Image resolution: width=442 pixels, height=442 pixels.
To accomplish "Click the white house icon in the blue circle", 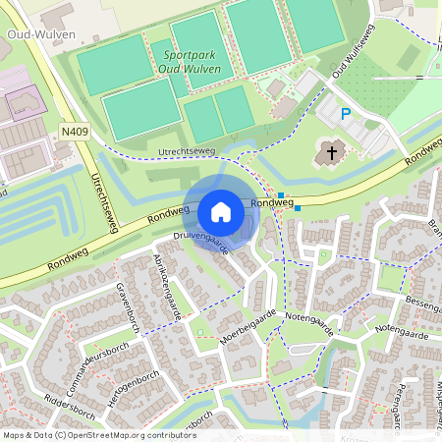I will click(x=221, y=212).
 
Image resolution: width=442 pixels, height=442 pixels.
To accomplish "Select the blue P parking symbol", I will click(x=345, y=114).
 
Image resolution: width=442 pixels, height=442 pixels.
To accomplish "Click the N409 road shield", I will click(x=74, y=130).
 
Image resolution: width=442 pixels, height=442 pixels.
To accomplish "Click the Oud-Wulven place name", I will click(x=29, y=33).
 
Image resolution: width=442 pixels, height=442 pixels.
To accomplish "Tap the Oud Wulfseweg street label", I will click(x=355, y=58).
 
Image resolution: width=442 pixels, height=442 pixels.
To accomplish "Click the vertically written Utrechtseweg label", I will click(x=103, y=201).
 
